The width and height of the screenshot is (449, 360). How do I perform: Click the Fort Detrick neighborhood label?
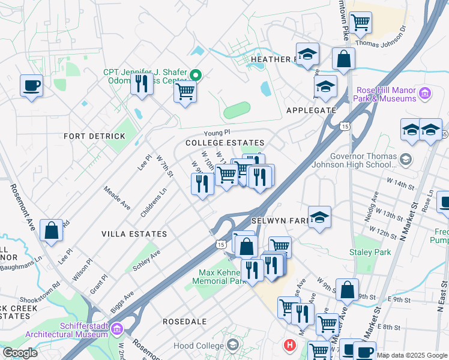[x=95, y=136]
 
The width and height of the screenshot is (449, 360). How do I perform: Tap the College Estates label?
[x=217, y=143]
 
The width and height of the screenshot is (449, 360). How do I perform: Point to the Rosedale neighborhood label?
[x=184, y=322]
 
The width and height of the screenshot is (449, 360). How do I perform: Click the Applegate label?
[x=311, y=110]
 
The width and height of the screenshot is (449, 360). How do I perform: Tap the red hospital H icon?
[x=291, y=346]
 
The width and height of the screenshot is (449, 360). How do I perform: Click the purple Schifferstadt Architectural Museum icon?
[x=117, y=329]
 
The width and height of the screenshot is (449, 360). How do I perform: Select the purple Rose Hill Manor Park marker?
[x=425, y=93]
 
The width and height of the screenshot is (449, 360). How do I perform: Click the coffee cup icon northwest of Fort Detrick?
[x=31, y=85]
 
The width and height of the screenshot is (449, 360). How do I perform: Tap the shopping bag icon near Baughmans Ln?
[x=52, y=230]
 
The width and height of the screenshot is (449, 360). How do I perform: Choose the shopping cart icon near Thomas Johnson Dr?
[x=360, y=22]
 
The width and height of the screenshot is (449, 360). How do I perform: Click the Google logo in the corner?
[x=20, y=353]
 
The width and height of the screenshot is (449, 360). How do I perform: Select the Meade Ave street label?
[x=117, y=197]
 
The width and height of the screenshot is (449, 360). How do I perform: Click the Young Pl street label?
[x=217, y=132]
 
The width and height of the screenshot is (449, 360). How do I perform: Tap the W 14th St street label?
[x=403, y=180]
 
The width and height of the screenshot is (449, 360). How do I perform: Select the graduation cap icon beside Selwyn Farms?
[x=319, y=217]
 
